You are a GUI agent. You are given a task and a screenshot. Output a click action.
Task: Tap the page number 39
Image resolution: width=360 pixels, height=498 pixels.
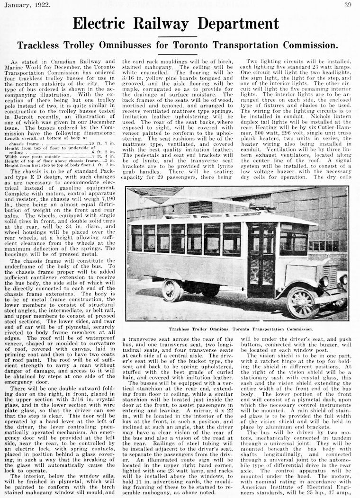coord(348,5)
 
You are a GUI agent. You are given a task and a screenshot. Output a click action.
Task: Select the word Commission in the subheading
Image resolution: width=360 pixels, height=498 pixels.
coord(312,45)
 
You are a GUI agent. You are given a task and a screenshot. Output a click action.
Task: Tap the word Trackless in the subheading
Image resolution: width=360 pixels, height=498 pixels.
coord(39,45)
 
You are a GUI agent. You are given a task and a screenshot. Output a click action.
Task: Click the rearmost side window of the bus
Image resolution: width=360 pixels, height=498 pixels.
coord(136,238)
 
